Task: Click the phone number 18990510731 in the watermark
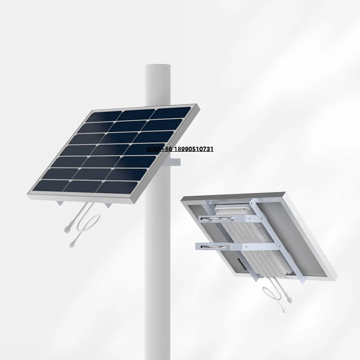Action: [x=194, y=148]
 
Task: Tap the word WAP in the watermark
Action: [x=153, y=148]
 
